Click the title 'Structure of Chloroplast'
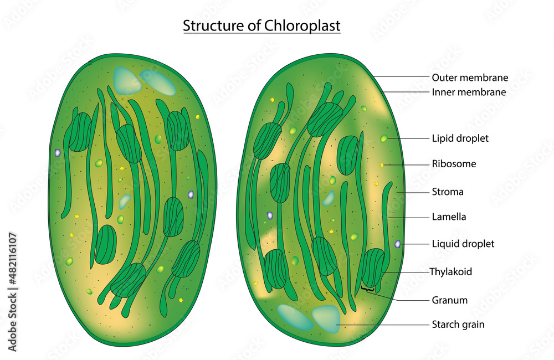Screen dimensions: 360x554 [x=261, y=25]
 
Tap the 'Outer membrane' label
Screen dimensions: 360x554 [x=470, y=78]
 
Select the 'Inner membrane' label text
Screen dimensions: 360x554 [x=469, y=92]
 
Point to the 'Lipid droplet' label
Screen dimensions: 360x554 [x=460, y=138]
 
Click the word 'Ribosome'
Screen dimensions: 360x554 [x=454, y=164]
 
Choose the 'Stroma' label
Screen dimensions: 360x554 [x=448, y=192]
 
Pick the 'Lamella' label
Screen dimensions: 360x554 [x=449, y=217]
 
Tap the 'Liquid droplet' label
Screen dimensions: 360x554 [x=463, y=244]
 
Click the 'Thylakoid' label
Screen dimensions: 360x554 [x=451, y=272]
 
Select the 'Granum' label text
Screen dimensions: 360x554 [x=449, y=300]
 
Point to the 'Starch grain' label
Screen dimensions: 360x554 [x=458, y=325]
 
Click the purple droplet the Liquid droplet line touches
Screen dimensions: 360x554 [x=398, y=244]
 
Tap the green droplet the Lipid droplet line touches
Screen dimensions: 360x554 [x=384, y=138]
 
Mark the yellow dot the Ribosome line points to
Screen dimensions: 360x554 [x=382, y=164]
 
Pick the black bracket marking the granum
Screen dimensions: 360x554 [x=367, y=289]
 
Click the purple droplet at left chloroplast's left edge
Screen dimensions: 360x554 [x=57, y=152]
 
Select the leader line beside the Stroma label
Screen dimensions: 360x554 [x=413, y=192]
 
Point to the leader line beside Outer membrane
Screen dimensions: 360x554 [x=402, y=76]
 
